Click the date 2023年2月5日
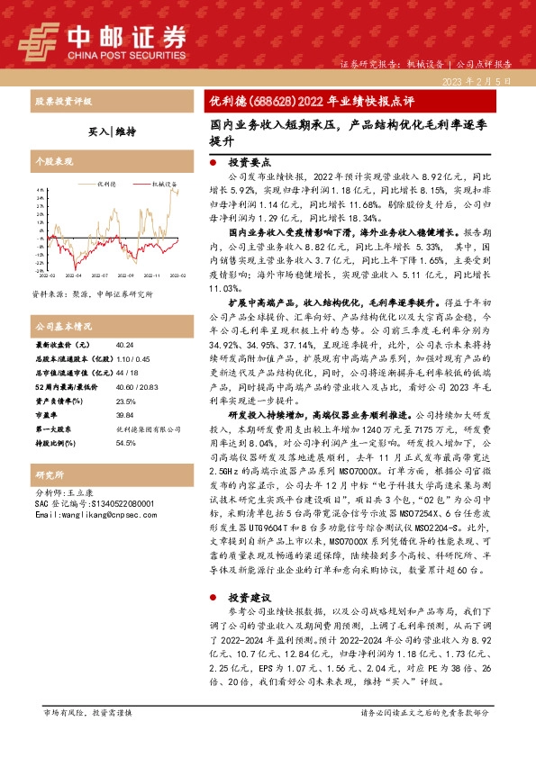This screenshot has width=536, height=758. [x=484, y=80]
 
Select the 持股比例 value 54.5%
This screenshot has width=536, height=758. [x=125, y=443]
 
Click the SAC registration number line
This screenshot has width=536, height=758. [x=91, y=503]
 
